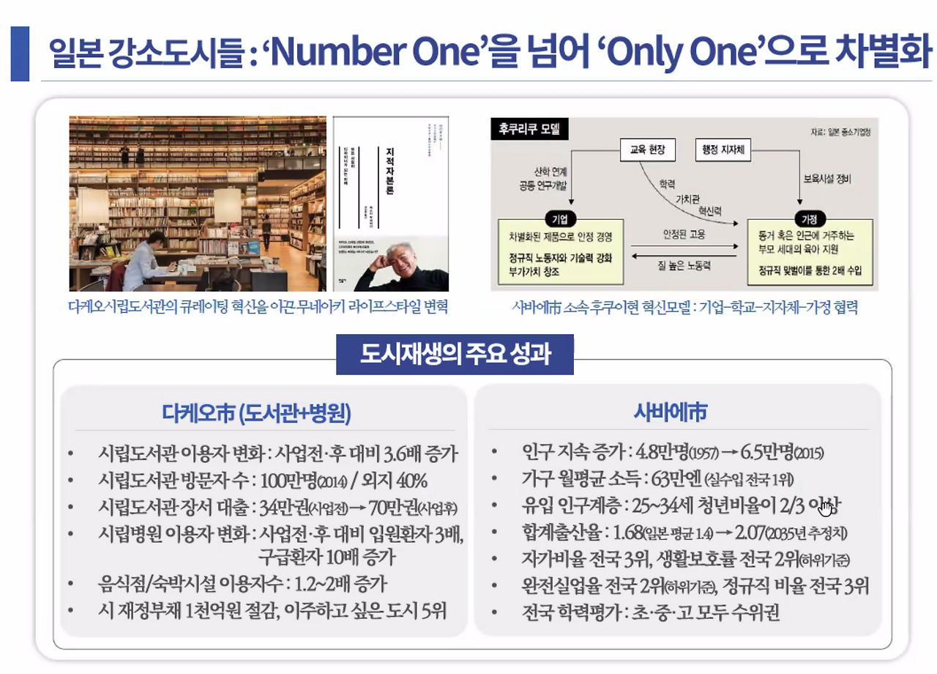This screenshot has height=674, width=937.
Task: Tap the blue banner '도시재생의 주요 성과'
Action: click(455, 355)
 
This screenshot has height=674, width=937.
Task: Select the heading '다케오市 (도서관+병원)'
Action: click(257, 414)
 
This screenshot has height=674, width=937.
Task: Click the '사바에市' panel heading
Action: click(670, 413)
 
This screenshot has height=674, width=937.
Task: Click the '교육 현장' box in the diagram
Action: click(647, 150)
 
